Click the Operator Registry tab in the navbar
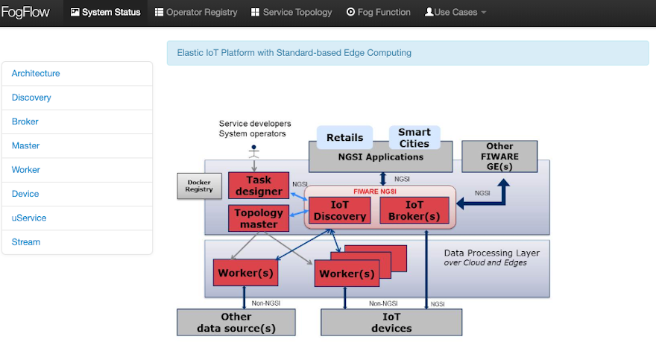(196, 13)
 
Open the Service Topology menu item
(293, 13)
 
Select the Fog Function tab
(379, 13)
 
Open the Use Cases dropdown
(455, 13)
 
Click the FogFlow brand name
(25, 13)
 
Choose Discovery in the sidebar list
(31, 98)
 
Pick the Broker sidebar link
(25, 121)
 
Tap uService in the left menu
(29, 218)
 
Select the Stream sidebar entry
(26, 241)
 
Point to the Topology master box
(259, 218)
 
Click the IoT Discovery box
(339, 210)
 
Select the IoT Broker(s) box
(414, 210)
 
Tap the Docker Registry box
(200, 186)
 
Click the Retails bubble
(344, 138)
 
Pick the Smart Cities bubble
(414, 138)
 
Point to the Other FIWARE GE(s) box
(499, 157)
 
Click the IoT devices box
(391, 322)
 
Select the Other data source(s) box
(236, 322)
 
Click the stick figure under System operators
(253, 151)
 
